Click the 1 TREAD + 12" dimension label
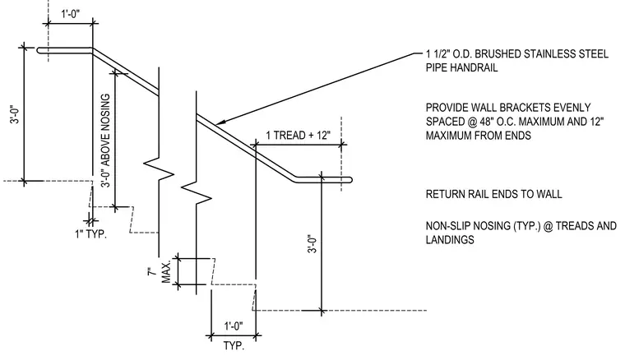click(x=299, y=136)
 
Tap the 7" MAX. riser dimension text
click(x=160, y=272)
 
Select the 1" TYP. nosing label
click(x=91, y=233)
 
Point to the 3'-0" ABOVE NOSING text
click(x=105, y=141)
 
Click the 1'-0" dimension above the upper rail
click(x=70, y=14)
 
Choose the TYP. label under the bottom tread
click(x=234, y=345)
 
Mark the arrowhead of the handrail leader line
click(x=218, y=122)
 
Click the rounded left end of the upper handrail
click(x=39, y=51)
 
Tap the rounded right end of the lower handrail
click(x=350, y=180)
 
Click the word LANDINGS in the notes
click(x=450, y=240)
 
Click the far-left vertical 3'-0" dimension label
click(x=15, y=114)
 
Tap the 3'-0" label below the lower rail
click(x=312, y=244)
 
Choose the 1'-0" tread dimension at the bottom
click(x=234, y=326)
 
